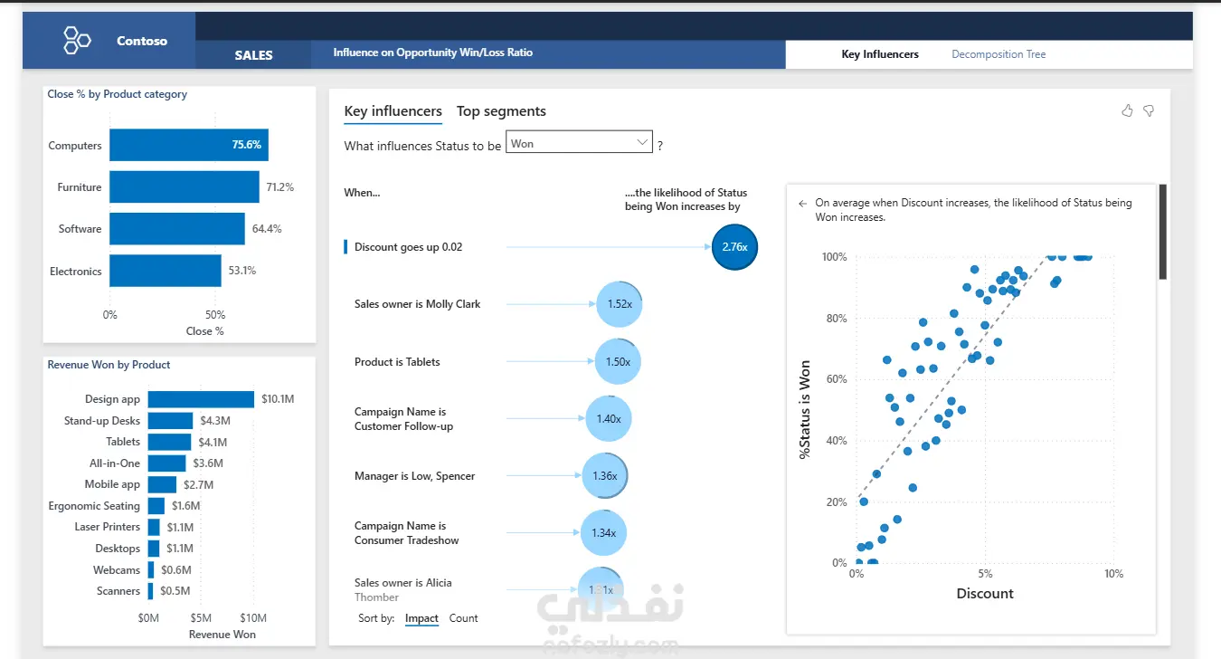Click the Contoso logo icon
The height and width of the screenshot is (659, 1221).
pos(77,41)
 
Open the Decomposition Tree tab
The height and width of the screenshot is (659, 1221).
pos(999,54)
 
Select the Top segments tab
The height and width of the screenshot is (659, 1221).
pos(501,110)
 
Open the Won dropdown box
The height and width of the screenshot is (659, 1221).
pos(579,142)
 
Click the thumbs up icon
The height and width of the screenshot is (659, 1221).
pos(1127,110)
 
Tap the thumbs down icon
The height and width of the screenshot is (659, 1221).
pos(1149,110)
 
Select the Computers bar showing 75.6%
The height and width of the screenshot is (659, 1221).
pos(189,145)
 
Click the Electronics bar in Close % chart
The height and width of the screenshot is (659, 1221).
pos(166,271)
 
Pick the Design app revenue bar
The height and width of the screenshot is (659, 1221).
pos(201,399)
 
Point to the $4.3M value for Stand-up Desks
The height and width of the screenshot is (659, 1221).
pos(214,421)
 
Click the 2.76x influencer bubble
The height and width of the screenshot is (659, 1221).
pos(734,247)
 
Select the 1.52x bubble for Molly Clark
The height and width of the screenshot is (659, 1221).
pos(620,304)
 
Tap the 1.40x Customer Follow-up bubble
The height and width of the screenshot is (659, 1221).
pos(609,418)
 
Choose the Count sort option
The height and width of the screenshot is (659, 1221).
pos(463,618)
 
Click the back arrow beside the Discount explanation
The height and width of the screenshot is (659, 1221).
pos(802,204)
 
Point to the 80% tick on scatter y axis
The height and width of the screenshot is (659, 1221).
pos(837,318)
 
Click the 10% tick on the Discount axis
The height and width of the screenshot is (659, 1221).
pos(1113,574)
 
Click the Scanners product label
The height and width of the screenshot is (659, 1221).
pos(118,591)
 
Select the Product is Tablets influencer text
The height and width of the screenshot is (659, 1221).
pos(397,362)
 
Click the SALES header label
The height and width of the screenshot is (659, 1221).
pos(253,55)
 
